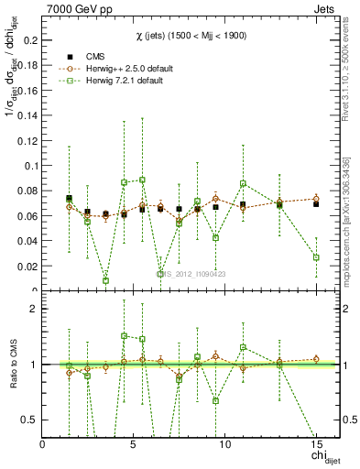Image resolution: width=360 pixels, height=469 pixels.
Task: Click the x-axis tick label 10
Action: [x=224, y=443]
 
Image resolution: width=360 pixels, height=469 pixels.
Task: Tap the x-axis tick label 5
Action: [x=134, y=443]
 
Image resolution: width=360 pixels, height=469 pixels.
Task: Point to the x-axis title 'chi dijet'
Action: [x=318, y=456]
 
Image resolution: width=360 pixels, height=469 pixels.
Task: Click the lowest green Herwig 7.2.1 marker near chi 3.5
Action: [x=105, y=280]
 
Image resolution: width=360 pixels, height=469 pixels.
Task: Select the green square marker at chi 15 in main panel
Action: [x=315, y=257]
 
